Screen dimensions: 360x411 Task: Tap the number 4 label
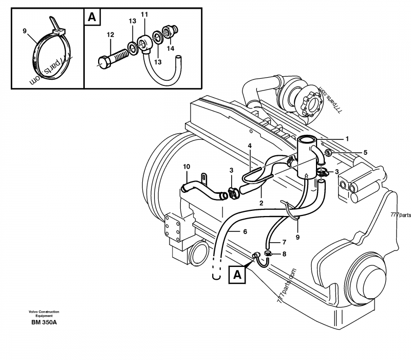point(250,146)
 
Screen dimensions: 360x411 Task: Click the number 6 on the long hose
point(245,232)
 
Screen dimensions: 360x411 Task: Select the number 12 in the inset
point(110,34)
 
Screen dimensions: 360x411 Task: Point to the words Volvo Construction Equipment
point(44,314)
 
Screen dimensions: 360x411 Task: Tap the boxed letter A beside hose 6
point(237,275)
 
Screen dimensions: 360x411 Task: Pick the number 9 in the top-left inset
point(25,31)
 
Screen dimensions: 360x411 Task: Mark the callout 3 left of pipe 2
point(231,170)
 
